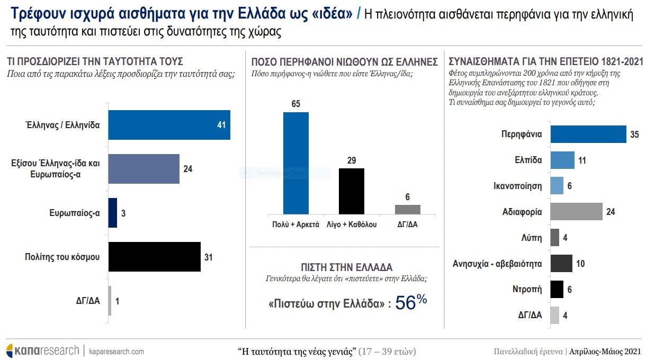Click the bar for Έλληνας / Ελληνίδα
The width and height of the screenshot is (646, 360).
pyautogui.click(x=169, y=125)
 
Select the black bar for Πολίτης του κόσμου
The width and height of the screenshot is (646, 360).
pyautogui.click(x=154, y=257)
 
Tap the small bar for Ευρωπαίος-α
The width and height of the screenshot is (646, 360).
pyautogui.click(x=112, y=213)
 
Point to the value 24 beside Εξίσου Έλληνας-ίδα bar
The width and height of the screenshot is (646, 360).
pyautogui.click(x=187, y=169)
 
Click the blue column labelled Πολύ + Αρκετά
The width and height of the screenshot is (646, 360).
pyautogui.click(x=296, y=163)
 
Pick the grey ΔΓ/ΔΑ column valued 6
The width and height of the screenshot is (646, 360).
pyautogui.click(x=407, y=210)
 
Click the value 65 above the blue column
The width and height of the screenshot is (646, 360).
pyautogui.click(x=296, y=103)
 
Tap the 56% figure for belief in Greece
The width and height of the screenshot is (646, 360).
pyautogui.click(x=411, y=302)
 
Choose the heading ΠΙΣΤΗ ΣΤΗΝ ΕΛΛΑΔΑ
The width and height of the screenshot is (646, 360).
pyautogui.click(x=346, y=267)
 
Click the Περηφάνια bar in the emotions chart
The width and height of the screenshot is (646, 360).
pyautogui.click(x=588, y=134)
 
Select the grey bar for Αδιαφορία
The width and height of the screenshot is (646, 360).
pyautogui.click(x=576, y=212)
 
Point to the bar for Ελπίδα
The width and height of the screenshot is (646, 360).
pyautogui.click(x=562, y=160)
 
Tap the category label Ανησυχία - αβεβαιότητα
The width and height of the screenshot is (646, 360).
pyautogui.click(x=497, y=263)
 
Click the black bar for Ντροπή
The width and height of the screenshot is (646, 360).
pyautogui.click(x=557, y=290)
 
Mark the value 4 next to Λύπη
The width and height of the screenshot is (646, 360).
pyautogui.click(x=566, y=238)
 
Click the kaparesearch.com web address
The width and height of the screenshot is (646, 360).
pyautogui.click(x=116, y=351)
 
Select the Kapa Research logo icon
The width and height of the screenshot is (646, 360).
pyautogui.click(x=10, y=350)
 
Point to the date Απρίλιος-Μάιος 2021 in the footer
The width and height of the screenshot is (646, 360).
pyautogui.click(x=605, y=351)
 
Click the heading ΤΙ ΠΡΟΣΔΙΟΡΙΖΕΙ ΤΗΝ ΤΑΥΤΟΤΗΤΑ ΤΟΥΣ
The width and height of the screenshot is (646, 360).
pyautogui.click(x=95, y=61)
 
